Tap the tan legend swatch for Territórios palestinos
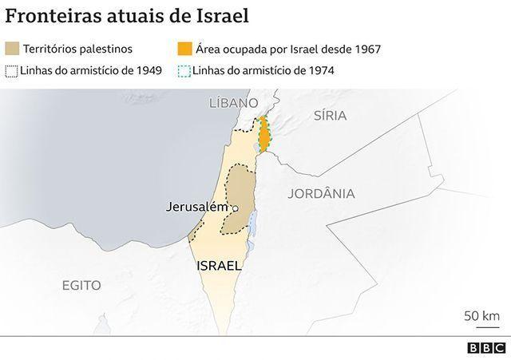tap(12, 49)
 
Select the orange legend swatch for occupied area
tap(183, 49)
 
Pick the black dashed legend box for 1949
tap(12, 70)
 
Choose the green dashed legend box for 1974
tap(183, 70)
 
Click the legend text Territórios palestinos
tap(77, 49)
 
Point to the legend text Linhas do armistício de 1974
tap(263, 70)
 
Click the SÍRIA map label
tap(331, 115)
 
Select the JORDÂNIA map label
tap(322, 192)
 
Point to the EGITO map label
tap(81, 285)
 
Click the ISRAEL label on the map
tap(219, 265)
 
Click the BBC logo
tap(484, 348)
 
